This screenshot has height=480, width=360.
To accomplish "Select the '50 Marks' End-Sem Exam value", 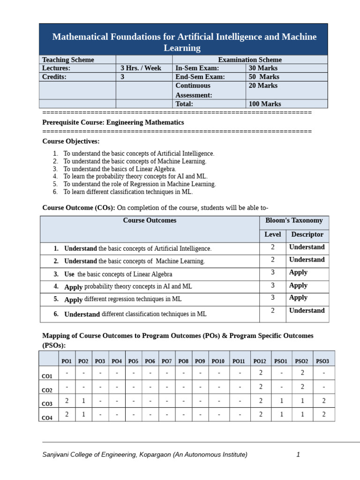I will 263,77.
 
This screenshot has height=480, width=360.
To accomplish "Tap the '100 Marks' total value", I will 264,104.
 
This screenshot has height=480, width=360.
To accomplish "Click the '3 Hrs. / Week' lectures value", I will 141,68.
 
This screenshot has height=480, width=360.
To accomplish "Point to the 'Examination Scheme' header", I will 250,60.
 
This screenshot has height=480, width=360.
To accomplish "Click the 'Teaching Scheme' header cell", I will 68,60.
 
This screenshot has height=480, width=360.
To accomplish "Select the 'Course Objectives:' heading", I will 71,141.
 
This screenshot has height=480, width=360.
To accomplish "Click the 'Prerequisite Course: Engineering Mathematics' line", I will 113,122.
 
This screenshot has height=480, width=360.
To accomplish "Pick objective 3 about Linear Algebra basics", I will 120,169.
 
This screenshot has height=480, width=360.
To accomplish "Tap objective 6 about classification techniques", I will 128,192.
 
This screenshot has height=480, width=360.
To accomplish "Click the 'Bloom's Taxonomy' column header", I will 294,220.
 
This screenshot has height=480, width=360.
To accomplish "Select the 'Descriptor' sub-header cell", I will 307,234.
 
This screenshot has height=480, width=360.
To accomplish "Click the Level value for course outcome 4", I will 272,285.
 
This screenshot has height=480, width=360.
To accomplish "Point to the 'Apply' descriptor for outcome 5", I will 298,298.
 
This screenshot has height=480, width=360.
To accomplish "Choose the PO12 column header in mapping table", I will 260,361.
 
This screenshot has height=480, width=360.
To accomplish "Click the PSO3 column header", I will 322,361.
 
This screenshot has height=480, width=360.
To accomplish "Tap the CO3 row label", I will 47,404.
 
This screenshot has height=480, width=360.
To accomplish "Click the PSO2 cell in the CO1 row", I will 302,373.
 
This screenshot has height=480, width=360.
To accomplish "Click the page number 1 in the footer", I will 298,454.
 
